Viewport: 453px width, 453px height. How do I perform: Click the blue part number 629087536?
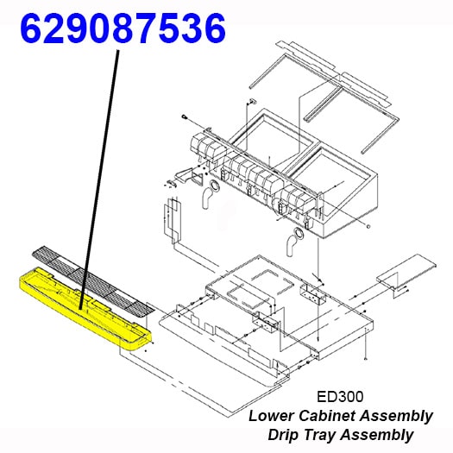(x=123, y=28)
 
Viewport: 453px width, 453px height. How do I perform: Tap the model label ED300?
(x=340, y=397)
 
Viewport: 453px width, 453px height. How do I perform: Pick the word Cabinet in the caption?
(x=327, y=416)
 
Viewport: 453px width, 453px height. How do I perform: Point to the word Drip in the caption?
(x=284, y=435)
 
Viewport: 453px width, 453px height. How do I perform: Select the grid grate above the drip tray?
(x=93, y=280)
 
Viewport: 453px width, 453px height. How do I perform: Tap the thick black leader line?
(x=99, y=179)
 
